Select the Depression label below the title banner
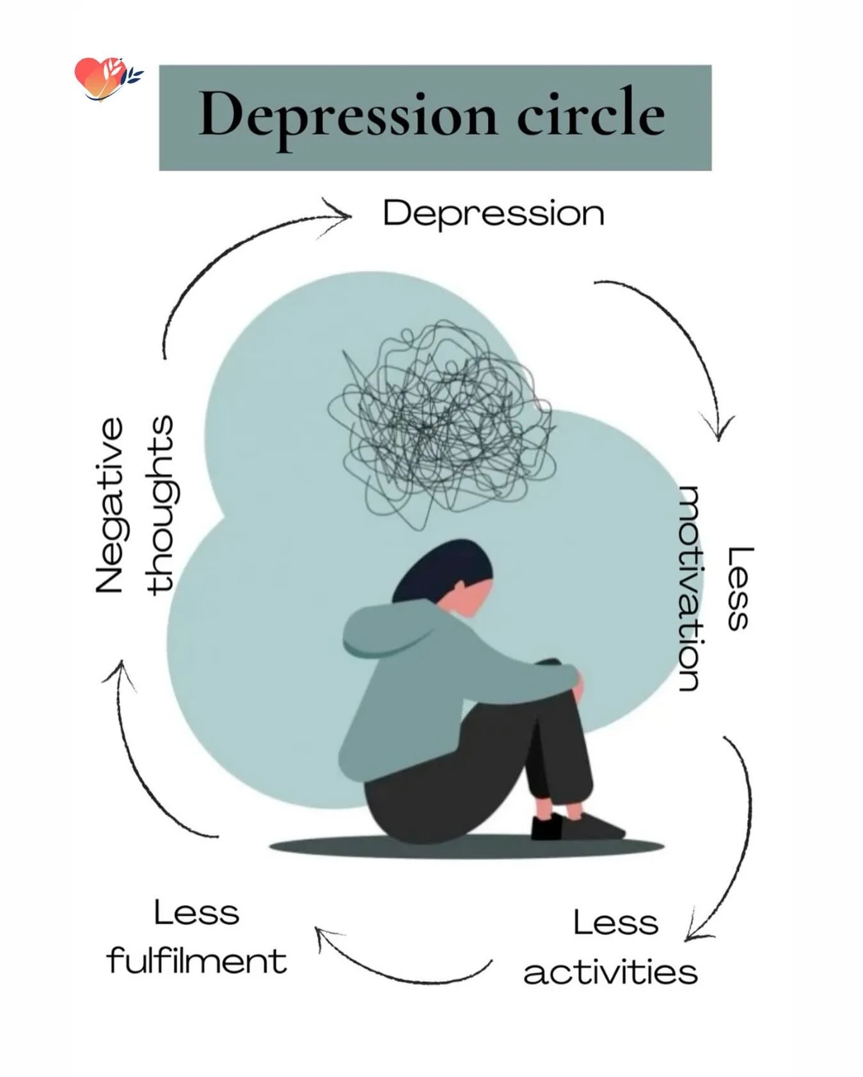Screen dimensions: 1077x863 point(493,213)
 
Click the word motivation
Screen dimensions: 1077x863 point(690,589)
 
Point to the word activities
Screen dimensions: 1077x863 point(610,972)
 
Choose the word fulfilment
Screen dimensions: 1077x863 point(197,961)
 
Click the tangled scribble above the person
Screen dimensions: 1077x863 point(441,422)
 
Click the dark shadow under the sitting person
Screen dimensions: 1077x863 point(467,847)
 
